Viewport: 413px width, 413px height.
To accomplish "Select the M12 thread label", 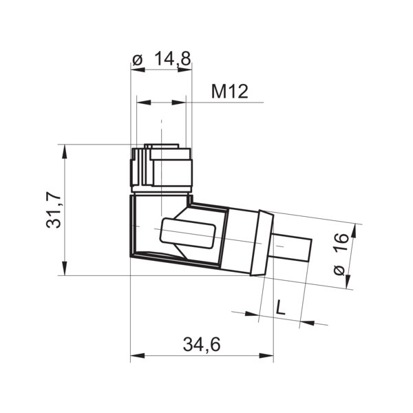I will coord(229,92).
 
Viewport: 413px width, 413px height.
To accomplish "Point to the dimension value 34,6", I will coord(202,344).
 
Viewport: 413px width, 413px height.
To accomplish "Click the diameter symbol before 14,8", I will coord(137,61).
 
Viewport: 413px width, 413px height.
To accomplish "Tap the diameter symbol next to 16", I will coord(338,271).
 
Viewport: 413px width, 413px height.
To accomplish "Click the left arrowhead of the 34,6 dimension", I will coord(136,356).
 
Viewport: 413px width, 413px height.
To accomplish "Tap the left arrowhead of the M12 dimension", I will coord(142,103).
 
